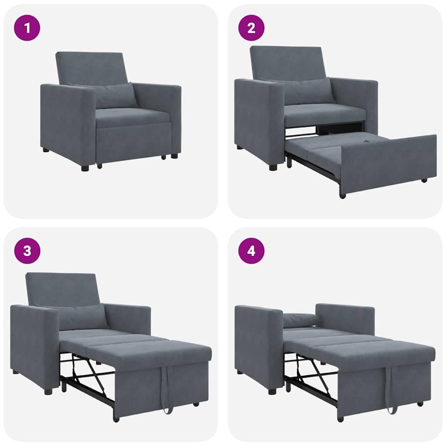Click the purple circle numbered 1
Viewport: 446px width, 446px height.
pyautogui.click(x=27, y=28)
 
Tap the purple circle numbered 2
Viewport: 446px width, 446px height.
pyautogui.click(x=251, y=28)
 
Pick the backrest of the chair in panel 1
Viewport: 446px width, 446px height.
pyautogui.click(x=91, y=68)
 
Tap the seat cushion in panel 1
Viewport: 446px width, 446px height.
pyautogui.click(x=131, y=117)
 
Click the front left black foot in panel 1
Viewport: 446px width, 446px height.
pyautogui.click(x=84, y=168)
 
